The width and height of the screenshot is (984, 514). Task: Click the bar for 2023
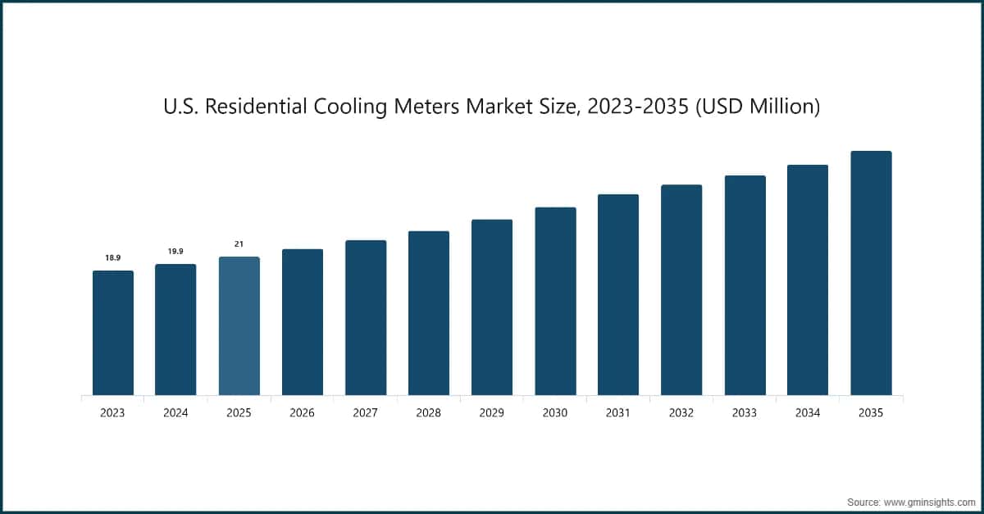pyautogui.click(x=113, y=333)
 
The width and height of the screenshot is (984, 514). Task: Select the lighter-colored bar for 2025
pyautogui.click(x=239, y=326)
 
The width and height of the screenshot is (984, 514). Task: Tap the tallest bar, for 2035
pyautogui.click(x=871, y=273)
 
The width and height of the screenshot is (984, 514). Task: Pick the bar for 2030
pyautogui.click(x=555, y=301)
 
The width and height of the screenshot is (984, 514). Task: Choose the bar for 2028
pyautogui.click(x=429, y=313)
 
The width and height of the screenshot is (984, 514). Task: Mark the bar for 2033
pyautogui.click(x=745, y=285)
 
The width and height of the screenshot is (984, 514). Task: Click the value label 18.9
pyautogui.click(x=113, y=257)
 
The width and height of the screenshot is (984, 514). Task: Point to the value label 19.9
pyautogui.click(x=175, y=251)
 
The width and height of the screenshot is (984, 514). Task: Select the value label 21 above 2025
pyautogui.click(x=239, y=243)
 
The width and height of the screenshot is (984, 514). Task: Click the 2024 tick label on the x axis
pyautogui.click(x=175, y=413)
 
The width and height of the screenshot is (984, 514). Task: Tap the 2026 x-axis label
pyautogui.click(x=302, y=413)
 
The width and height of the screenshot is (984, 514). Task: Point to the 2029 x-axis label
pyautogui.click(x=492, y=413)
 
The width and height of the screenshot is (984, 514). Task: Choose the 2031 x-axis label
pyautogui.click(x=618, y=413)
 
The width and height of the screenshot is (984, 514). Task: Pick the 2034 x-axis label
pyautogui.click(x=808, y=413)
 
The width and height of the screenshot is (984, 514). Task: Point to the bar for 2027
pyautogui.click(x=366, y=317)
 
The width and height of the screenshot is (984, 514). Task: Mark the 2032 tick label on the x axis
pyautogui.click(x=681, y=413)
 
